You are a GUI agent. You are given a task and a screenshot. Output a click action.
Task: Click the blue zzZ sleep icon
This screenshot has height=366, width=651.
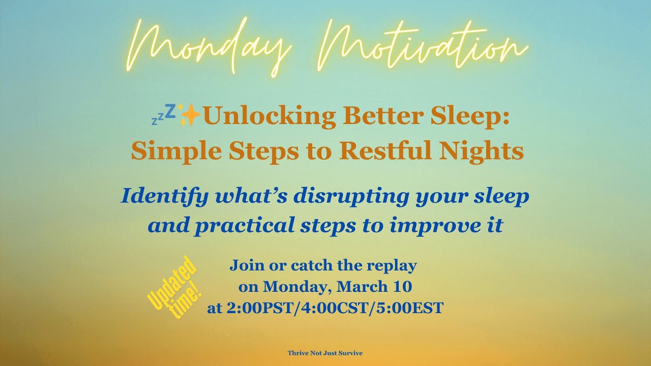click(163, 115)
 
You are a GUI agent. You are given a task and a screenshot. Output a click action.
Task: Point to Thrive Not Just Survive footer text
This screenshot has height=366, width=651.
click(325, 353)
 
